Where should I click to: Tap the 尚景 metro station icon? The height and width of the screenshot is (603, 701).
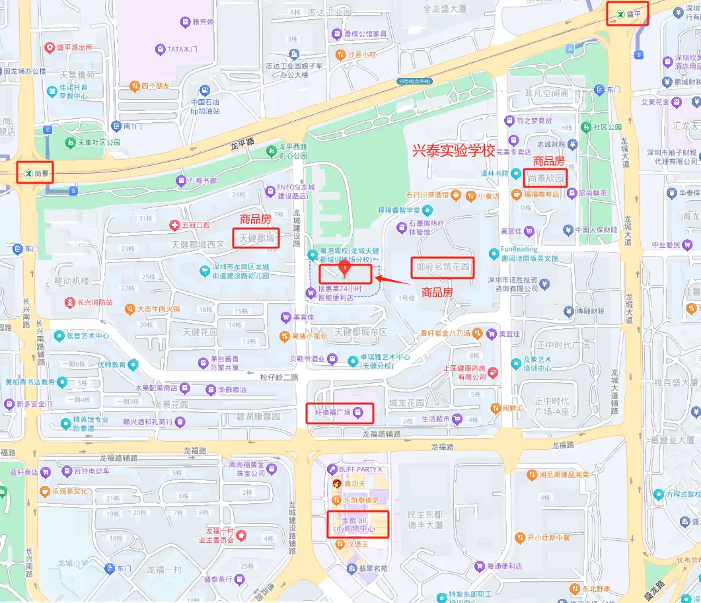point(27,174)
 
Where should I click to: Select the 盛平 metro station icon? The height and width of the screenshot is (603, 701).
point(620,14)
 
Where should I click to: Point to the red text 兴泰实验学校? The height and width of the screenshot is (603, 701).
point(453,151)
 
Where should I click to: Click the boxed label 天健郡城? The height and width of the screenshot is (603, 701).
point(256,238)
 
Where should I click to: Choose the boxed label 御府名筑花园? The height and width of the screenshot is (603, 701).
point(443,267)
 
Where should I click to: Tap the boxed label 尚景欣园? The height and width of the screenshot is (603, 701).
point(546,178)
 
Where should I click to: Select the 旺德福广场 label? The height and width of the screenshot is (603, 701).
point(340,413)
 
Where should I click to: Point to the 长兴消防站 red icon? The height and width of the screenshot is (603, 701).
point(70,302)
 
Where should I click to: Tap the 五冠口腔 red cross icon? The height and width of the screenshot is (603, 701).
point(174,226)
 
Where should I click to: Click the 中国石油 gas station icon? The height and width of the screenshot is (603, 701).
point(205,90)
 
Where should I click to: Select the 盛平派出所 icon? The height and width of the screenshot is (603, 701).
point(49,48)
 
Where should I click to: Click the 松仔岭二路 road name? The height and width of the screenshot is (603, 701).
point(279,377)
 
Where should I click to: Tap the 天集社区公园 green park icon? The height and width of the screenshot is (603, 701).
point(70,143)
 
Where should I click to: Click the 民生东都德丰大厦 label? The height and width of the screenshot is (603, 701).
point(424,519)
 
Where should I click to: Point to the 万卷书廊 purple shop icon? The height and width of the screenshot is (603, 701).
point(180,180)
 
